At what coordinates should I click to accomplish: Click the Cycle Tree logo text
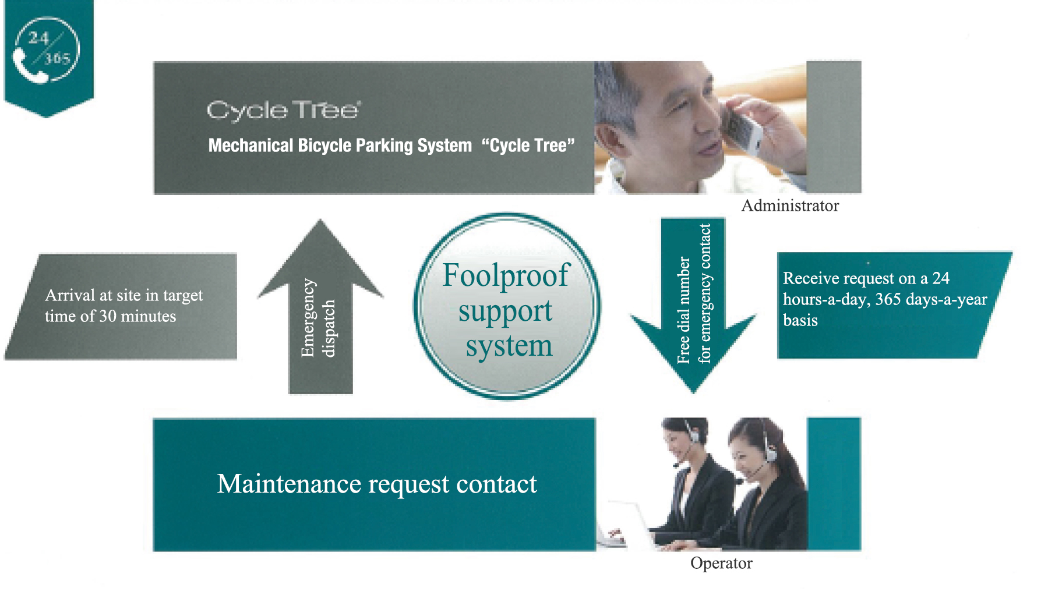(283, 110)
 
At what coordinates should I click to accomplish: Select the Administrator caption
(789, 206)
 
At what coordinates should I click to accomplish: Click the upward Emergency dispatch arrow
(320, 309)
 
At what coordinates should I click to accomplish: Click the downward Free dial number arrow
(693, 303)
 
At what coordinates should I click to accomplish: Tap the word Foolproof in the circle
(505, 275)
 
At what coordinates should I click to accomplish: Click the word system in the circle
(509, 346)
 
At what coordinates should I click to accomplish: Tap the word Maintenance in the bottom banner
(289, 484)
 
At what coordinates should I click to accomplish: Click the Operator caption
(721, 563)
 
